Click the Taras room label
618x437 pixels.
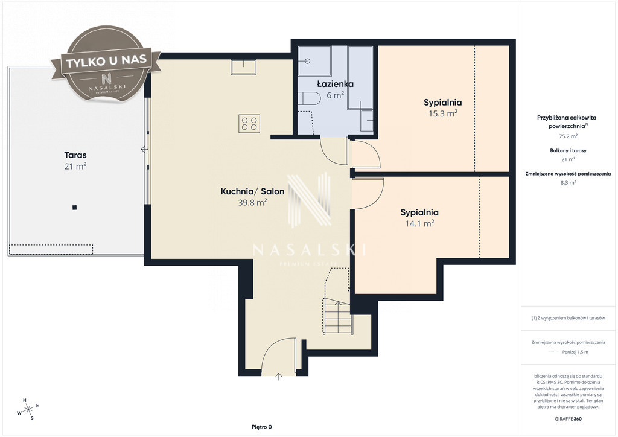coord(75,155)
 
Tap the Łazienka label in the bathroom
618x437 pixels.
coord(336,84)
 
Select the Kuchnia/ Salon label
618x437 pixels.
coord(252,191)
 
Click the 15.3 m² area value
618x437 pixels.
coord(442,113)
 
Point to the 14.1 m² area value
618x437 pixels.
coord(419,223)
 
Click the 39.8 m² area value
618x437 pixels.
coord(252,203)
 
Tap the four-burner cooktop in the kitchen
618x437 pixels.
coord(249,123)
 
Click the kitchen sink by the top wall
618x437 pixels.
coord(243,66)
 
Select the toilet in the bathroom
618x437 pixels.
coord(309,98)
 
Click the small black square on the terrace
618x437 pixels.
coord(74,207)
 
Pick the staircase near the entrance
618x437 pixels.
coord(337,316)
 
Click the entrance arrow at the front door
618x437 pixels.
coord(279,376)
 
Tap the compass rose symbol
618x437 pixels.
coord(28,409)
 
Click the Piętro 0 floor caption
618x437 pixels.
coord(262,427)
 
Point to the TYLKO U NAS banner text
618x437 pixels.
coord(106,62)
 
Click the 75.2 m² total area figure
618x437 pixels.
coord(568,136)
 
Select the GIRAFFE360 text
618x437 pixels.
coord(567,419)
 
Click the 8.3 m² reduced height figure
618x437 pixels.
coord(568,182)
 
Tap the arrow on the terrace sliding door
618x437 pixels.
coord(144,150)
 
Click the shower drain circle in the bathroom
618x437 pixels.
coord(307,61)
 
